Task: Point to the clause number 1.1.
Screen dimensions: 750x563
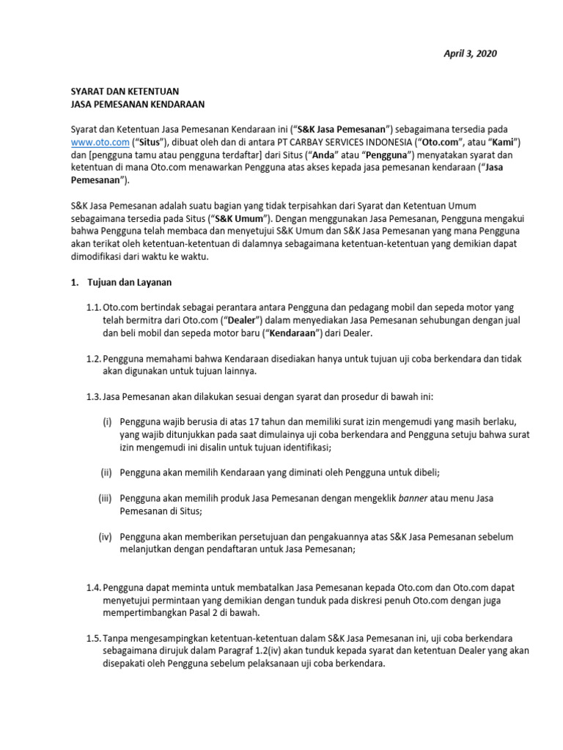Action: [x=93, y=307]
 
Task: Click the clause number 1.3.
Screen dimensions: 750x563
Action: [x=93, y=397]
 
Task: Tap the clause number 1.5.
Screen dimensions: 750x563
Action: [x=93, y=639]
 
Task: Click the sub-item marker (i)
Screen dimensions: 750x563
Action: [x=107, y=422]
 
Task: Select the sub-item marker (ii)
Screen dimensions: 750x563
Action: [x=106, y=472]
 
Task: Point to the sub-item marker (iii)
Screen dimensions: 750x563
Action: [x=106, y=498]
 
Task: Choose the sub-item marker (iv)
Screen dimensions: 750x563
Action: [x=106, y=536]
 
